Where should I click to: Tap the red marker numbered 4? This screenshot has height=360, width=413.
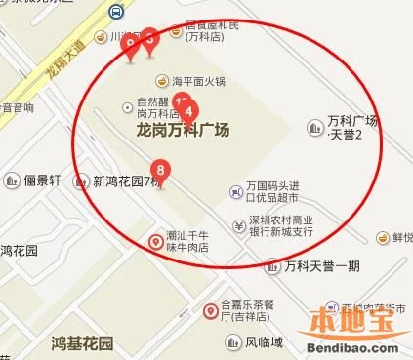point(189,111)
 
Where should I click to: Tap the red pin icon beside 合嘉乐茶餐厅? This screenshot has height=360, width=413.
point(210,311)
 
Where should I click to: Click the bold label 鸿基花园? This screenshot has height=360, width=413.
point(82,343)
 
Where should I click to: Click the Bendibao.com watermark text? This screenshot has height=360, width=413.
point(354,346)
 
